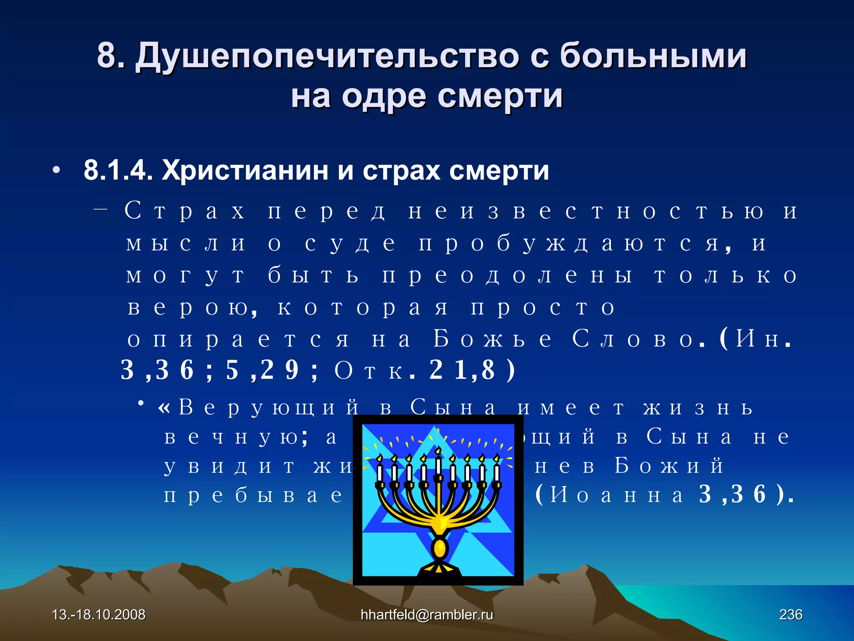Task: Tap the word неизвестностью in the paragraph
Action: (x=586, y=211)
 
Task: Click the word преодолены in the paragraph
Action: (x=507, y=276)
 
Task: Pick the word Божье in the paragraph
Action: (x=492, y=339)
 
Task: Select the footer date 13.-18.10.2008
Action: (x=98, y=615)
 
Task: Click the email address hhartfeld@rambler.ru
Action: (x=427, y=615)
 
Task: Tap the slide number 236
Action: (x=791, y=615)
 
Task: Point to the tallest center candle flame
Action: (x=438, y=450)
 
